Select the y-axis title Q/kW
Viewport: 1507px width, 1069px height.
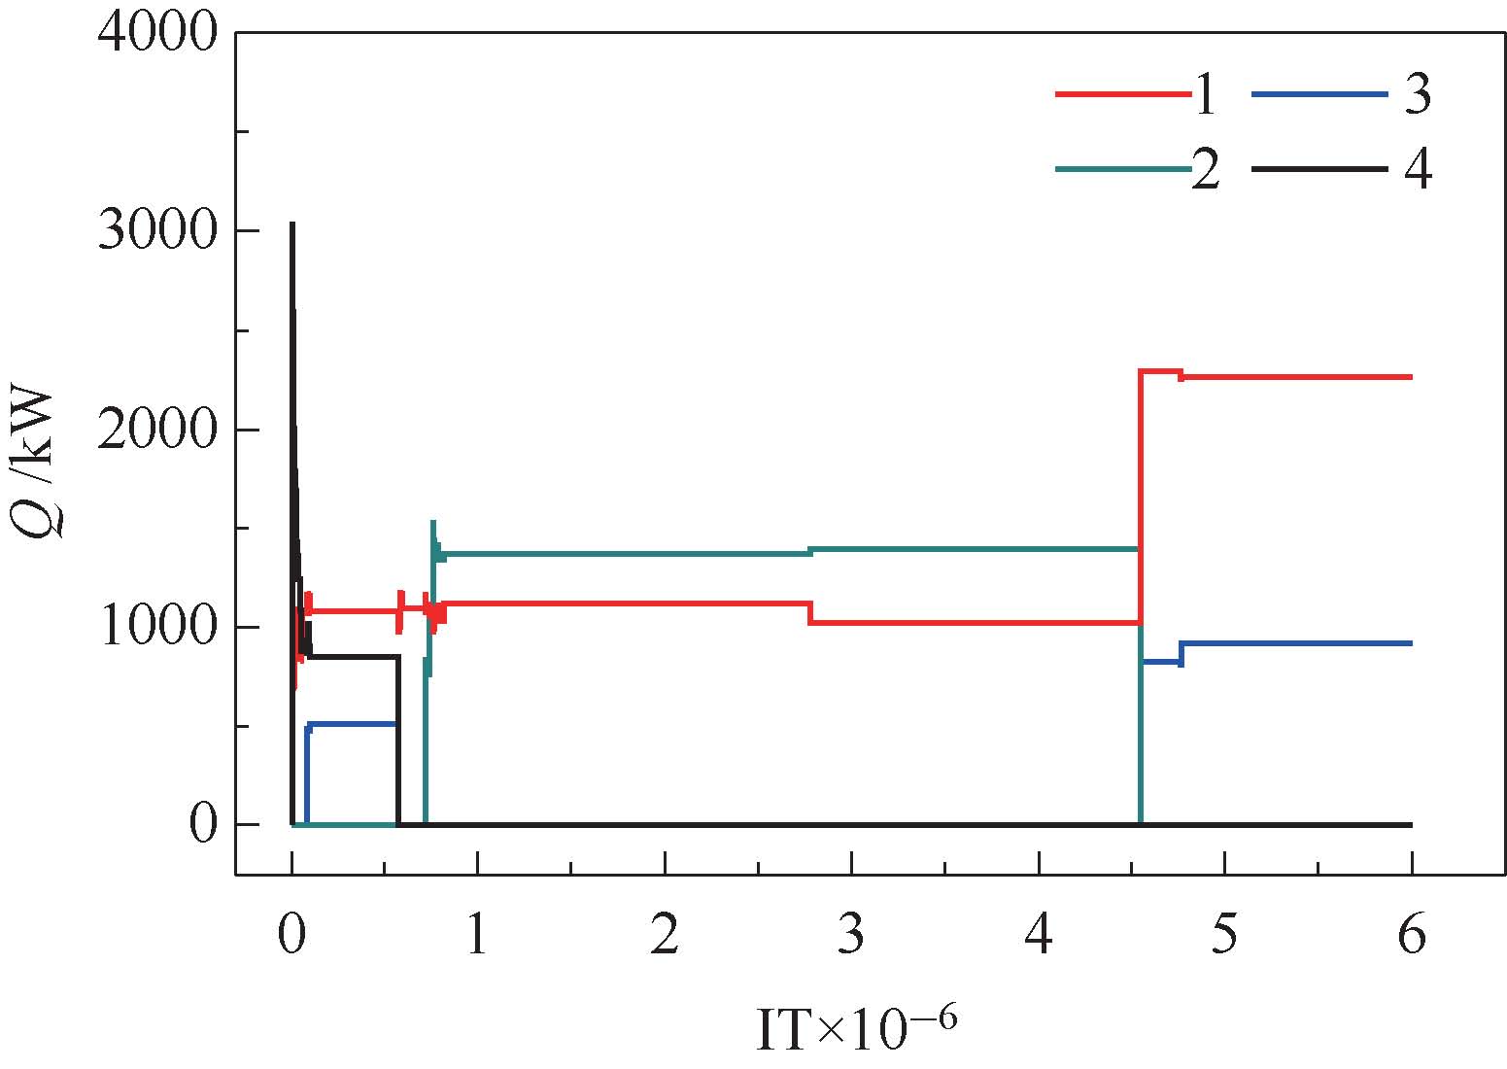40,461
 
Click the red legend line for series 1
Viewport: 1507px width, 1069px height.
1122,95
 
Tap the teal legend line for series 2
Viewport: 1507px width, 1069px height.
1122,169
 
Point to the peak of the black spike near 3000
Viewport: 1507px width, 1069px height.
292,224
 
